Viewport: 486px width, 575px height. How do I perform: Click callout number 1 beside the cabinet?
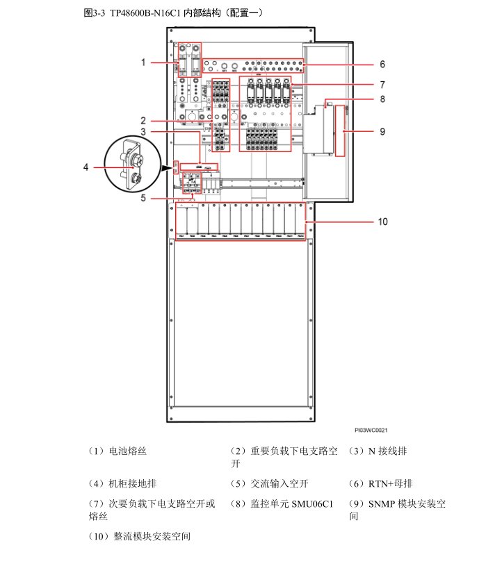[143, 62]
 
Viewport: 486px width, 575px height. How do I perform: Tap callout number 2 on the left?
[143, 119]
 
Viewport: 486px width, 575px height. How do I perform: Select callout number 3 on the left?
[143, 131]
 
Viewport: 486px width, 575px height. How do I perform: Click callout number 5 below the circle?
[143, 198]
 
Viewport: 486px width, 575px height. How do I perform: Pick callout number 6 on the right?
[382, 64]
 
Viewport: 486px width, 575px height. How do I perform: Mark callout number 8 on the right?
[382, 99]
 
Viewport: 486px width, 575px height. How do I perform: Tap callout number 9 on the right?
[382, 131]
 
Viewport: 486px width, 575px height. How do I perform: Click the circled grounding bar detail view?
[132, 167]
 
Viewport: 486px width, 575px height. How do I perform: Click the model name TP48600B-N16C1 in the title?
[146, 12]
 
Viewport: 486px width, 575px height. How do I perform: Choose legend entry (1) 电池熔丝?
[118, 451]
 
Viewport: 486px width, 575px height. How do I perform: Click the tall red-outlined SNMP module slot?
[340, 131]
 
